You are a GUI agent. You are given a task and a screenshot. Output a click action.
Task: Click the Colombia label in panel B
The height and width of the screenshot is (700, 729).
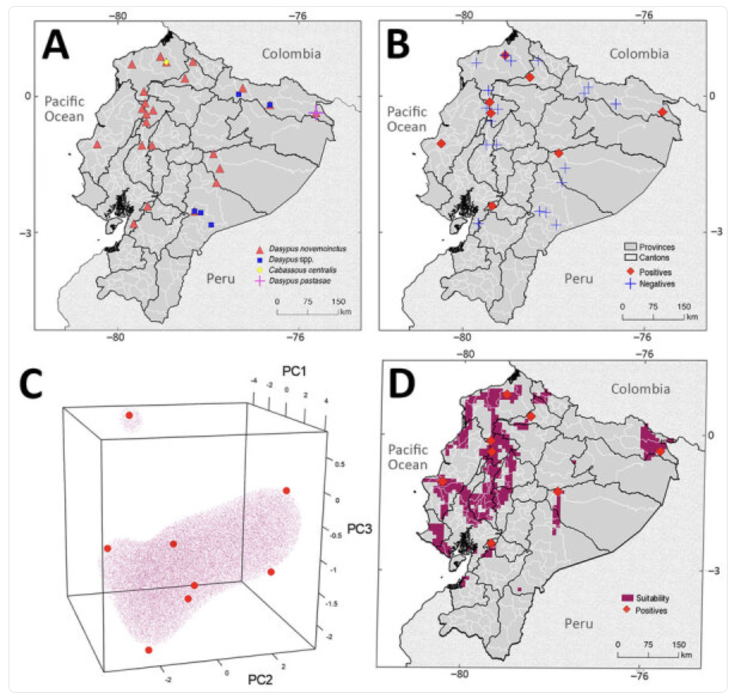(638, 54)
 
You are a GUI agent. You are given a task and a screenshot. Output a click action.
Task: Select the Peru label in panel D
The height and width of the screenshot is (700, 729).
(578, 623)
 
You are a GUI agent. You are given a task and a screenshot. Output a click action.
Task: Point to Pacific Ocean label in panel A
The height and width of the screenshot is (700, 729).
(64, 109)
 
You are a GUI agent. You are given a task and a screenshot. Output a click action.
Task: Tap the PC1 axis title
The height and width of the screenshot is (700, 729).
(295, 372)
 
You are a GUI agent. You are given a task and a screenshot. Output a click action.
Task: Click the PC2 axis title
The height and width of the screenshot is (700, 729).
(261, 680)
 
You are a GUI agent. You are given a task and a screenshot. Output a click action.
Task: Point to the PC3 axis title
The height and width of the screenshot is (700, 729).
(359, 529)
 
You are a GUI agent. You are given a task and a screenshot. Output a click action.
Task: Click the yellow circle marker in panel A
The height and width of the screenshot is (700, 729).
(167, 62)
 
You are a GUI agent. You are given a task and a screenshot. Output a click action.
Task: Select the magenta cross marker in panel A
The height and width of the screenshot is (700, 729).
(316, 113)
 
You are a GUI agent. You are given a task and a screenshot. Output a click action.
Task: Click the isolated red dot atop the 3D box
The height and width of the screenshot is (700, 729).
(128, 415)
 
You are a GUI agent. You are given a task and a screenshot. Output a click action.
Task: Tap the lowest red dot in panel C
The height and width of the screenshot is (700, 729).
(148, 650)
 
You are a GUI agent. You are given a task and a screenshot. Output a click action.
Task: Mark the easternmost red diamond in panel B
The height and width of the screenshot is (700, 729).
(662, 112)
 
